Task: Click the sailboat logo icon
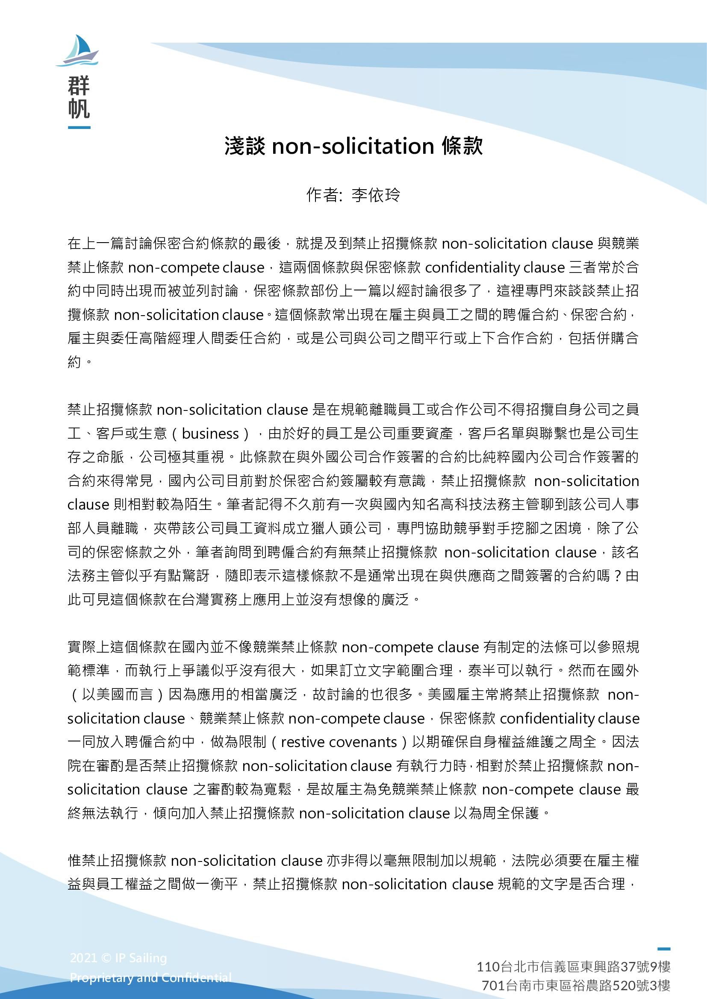(x=78, y=51)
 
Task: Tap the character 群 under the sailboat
(x=79, y=85)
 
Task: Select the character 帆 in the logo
(x=79, y=109)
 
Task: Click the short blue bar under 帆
(x=79, y=127)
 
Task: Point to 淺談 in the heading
(x=244, y=146)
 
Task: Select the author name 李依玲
(x=375, y=195)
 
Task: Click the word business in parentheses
(x=210, y=434)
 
